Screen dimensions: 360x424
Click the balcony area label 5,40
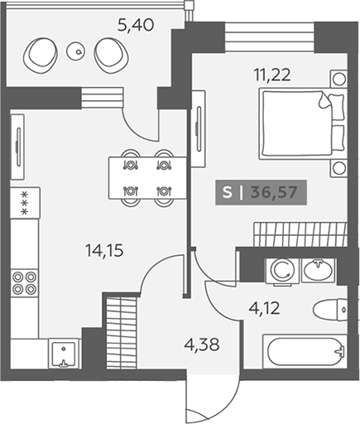(136, 26)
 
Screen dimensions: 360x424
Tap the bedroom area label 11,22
(272, 75)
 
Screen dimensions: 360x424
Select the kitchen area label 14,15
(104, 251)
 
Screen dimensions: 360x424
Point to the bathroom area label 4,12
(264, 308)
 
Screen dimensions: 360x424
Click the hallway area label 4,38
(203, 344)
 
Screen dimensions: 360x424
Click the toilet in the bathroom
(330, 310)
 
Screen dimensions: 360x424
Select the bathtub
(305, 351)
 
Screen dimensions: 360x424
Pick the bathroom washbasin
(318, 270)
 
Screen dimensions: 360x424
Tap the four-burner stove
(25, 282)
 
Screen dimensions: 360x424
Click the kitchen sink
(64, 354)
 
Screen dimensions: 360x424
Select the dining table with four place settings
(147, 177)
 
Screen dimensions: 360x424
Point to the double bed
(302, 123)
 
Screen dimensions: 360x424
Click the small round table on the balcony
(75, 51)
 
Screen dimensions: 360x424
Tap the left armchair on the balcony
(41, 54)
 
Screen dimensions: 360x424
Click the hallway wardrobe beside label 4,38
(122, 334)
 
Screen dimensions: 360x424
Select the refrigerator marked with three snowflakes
(25, 203)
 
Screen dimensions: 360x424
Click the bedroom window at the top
(270, 37)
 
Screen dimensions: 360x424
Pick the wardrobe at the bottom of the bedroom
(300, 234)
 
